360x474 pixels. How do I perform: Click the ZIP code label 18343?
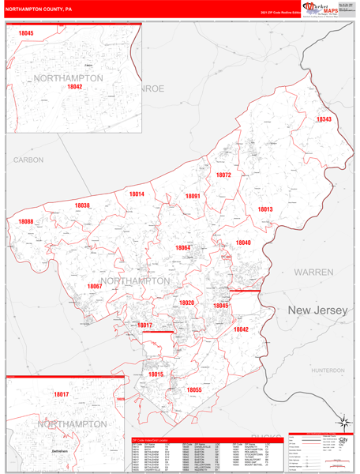(324, 119)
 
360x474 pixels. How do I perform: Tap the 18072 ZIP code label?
(223, 175)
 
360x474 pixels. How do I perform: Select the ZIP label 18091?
(193, 195)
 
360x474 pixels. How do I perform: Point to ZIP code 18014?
(137, 194)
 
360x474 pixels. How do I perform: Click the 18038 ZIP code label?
(82, 205)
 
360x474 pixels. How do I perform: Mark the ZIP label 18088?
(26, 222)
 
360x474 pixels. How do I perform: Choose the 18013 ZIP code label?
(264, 209)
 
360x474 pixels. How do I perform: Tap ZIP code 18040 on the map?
(242, 243)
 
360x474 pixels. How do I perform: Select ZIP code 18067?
(95, 286)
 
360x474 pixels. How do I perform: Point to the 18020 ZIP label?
(186, 303)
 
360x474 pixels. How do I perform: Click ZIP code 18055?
(194, 389)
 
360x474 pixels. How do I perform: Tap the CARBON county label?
(28, 160)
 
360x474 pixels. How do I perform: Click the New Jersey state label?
(317, 311)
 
